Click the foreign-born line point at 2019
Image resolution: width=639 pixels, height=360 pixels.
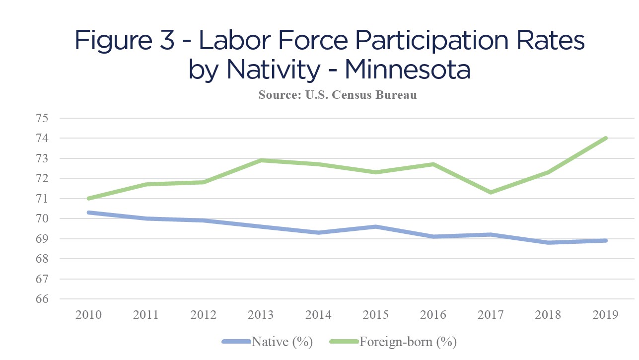pos(606,138)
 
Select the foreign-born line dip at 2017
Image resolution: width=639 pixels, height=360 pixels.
pos(491,192)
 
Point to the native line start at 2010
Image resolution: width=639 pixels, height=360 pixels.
pos(89,213)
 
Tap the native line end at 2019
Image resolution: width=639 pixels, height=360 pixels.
pos(606,240)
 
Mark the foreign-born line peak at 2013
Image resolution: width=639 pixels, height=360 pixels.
pos(262,160)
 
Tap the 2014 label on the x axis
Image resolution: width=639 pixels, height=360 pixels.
pos(319,315)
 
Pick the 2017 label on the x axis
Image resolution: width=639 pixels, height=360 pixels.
pos(491,315)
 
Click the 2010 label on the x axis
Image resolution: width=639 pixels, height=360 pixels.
pos(89,315)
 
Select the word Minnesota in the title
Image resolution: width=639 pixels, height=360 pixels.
pos(407,70)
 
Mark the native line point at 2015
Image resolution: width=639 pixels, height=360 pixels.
pos(376,226)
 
